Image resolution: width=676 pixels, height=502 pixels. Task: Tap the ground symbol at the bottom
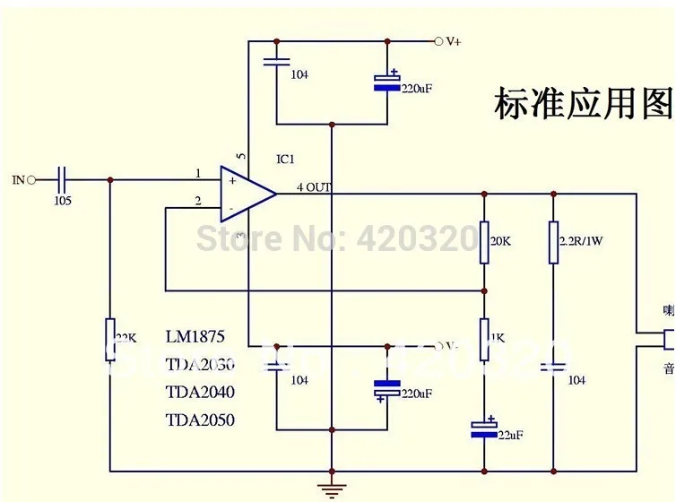pyautogui.click(x=332, y=489)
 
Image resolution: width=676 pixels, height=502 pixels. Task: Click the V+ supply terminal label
pyautogui.click(x=454, y=41)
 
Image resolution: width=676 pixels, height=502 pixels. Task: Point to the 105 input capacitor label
pyautogui.click(x=63, y=201)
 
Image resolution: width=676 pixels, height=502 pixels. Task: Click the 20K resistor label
pyautogui.click(x=500, y=241)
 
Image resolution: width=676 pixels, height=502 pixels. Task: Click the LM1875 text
pyautogui.click(x=195, y=337)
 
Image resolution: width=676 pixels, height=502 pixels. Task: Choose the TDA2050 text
pyautogui.click(x=200, y=420)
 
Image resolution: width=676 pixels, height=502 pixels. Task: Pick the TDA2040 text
pyautogui.click(x=200, y=392)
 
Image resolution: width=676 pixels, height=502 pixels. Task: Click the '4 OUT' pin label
pyautogui.click(x=315, y=187)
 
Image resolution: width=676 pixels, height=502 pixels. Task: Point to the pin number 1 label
pyautogui.click(x=197, y=173)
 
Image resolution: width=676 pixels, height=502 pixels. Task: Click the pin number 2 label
pyautogui.click(x=197, y=200)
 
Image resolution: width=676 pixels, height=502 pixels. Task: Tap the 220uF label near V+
pyautogui.click(x=416, y=89)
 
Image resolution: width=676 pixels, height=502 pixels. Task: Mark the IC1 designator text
pyautogui.click(x=285, y=160)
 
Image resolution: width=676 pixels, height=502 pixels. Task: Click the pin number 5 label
pyautogui.click(x=240, y=155)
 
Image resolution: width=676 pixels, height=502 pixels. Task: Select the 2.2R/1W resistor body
pyautogui.click(x=553, y=242)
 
